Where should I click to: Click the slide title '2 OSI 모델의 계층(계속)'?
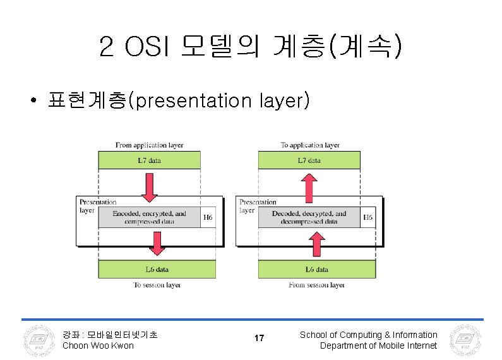[250, 46]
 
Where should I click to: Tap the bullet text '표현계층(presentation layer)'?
[178, 100]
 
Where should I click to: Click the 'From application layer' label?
[149, 145]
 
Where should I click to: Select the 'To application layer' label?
[310, 145]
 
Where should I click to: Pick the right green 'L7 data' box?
[309, 160]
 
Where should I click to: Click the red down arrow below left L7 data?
[149, 186]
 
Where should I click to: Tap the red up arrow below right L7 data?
[309, 186]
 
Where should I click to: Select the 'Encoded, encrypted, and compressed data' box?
[149, 217]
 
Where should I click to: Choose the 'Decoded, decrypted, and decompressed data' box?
[309, 217]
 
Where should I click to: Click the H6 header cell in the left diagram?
[208, 217]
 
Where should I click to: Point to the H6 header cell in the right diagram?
[368, 217]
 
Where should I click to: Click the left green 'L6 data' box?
[157, 269]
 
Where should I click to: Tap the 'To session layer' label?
[157, 285]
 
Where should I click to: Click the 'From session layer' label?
[316, 285]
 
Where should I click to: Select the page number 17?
[259, 339]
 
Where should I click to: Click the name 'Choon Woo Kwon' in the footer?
[98, 345]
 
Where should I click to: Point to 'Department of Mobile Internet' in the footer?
[378, 345]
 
